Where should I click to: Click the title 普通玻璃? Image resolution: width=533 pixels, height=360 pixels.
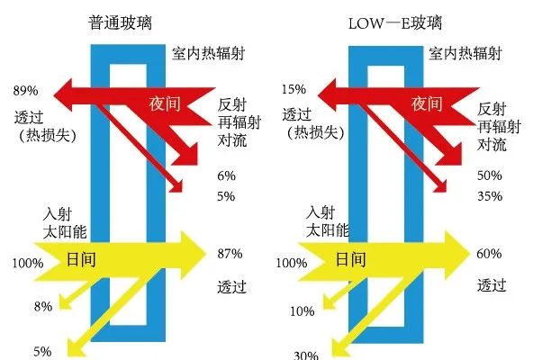coord(120,22)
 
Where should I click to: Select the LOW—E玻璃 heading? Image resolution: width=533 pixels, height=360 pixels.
coord(395,23)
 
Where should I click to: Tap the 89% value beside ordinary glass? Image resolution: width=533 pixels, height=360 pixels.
coord(26,91)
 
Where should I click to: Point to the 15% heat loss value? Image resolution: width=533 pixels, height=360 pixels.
coord(294,89)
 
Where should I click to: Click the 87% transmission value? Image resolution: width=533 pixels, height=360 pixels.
coord(230,254)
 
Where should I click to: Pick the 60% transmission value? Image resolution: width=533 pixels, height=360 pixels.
coord(489,254)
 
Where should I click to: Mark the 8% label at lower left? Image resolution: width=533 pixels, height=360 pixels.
coord(43,307)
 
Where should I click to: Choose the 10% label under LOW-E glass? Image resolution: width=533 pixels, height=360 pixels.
coord(302,311)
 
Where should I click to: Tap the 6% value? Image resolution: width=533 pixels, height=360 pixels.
coord(227,175)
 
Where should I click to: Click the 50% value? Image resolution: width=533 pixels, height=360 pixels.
coord(490,175)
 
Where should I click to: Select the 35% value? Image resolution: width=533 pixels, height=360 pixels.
coord(490,196)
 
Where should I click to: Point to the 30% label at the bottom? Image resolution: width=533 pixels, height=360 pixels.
coord(306,355)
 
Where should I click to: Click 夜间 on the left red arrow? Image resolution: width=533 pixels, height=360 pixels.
coord(165,103)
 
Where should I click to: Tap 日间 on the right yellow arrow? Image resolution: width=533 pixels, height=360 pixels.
coord(351,260)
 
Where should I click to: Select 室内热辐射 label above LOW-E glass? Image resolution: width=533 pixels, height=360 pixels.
coord(465,54)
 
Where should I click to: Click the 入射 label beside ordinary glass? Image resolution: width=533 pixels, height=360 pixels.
coord(58,214)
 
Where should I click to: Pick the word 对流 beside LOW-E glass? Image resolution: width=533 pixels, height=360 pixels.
coord(492,145)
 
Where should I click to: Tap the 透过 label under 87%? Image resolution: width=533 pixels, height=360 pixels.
coord(231,287)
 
